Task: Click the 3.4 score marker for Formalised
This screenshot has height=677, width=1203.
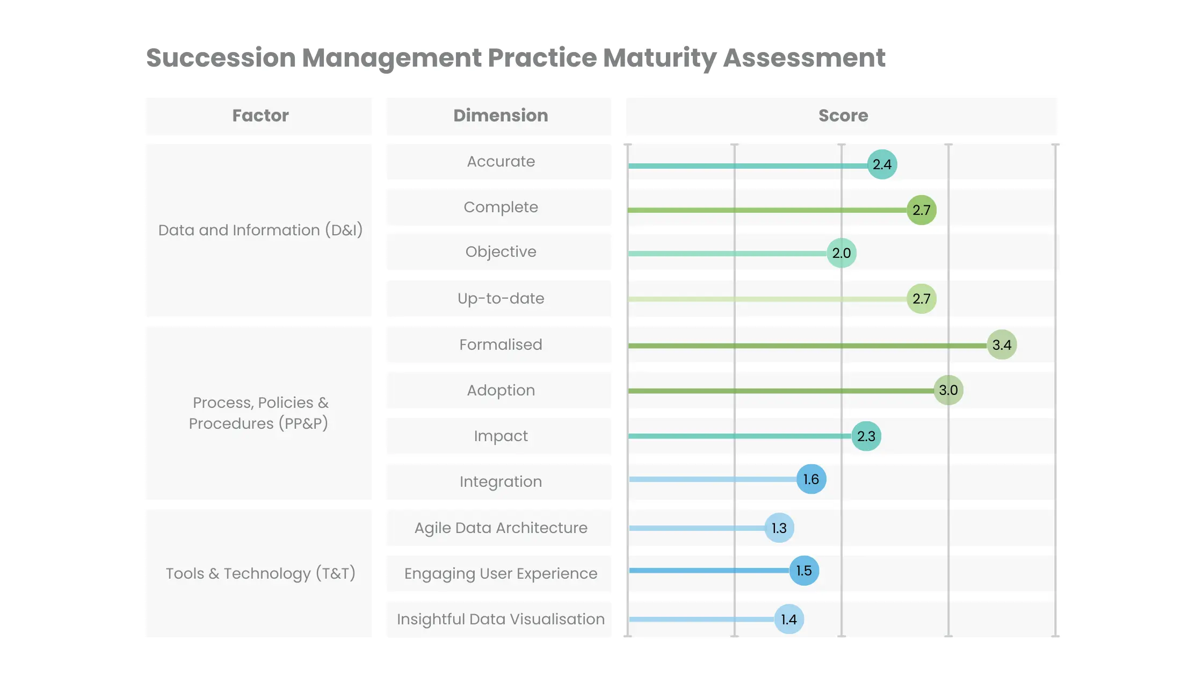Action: click(1002, 345)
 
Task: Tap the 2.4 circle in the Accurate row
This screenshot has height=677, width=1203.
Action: click(882, 164)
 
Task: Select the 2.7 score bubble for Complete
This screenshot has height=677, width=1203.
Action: click(922, 210)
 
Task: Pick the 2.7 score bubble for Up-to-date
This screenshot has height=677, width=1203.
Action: click(922, 299)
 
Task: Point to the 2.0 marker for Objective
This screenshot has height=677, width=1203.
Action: click(842, 253)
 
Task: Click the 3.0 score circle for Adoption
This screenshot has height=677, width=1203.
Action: click(948, 390)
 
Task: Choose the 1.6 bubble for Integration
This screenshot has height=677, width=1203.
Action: click(811, 479)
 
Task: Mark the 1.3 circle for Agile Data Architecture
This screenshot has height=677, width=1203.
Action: click(779, 528)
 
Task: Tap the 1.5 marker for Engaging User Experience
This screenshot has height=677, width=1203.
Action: click(804, 571)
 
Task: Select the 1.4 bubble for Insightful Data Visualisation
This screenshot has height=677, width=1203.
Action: click(789, 620)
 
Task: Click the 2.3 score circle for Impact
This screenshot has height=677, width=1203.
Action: click(866, 436)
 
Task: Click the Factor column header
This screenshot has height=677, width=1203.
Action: click(260, 116)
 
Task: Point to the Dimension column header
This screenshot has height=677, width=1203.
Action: click(501, 116)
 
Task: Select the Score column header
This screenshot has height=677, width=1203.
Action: click(843, 116)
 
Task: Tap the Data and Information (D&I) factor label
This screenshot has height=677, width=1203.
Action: click(260, 230)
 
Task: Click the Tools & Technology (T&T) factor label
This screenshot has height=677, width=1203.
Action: click(260, 573)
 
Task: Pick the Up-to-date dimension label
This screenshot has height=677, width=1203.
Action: click(501, 298)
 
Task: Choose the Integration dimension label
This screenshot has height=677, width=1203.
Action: click(501, 481)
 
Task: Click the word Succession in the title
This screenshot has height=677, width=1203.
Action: click(221, 58)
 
